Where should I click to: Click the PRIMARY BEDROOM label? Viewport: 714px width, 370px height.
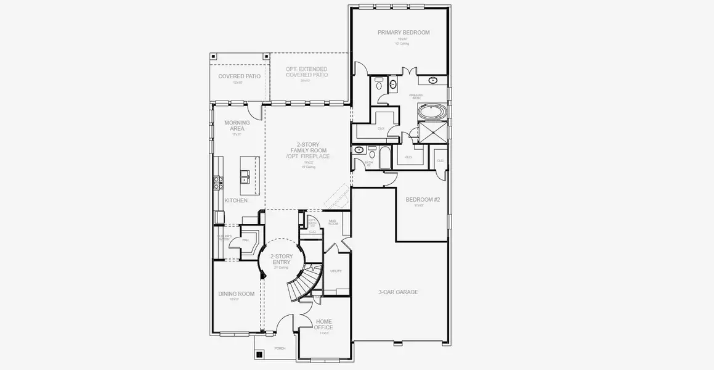(x=404, y=33)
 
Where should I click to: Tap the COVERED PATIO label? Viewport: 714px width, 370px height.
(x=239, y=76)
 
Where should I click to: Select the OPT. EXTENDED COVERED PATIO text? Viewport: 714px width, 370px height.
(x=306, y=72)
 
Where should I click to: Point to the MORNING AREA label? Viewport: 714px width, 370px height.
(x=237, y=126)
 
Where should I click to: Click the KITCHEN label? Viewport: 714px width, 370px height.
(x=236, y=201)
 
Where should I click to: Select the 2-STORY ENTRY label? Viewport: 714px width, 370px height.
(x=281, y=260)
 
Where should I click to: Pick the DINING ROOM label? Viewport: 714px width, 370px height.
(x=237, y=294)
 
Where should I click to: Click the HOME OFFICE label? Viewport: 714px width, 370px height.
(x=323, y=324)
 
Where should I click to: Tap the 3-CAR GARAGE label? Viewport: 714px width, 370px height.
(x=398, y=292)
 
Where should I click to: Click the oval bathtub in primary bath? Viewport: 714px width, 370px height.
(x=434, y=113)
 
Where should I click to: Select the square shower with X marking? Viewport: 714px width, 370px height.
(x=433, y=132)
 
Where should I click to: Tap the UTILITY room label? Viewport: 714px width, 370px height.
(x=336, y=271)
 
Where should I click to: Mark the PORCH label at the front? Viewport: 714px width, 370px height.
(x=280, y=348)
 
